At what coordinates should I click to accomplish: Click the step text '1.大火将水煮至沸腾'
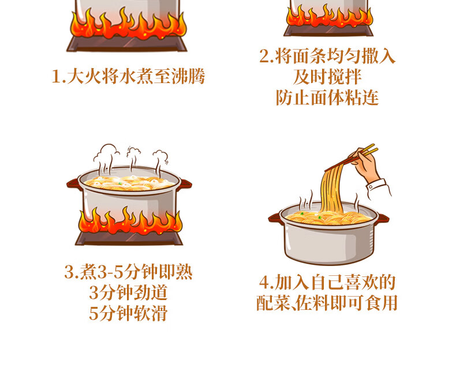point(128,77)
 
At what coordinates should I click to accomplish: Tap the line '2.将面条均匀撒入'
point(327,57)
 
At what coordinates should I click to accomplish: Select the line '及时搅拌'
point(327,77)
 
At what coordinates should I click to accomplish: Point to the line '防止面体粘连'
point(327,97)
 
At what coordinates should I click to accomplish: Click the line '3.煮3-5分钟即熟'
point(128,272)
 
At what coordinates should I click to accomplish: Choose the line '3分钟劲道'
point(128,292)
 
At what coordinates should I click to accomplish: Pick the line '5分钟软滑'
point(128,313)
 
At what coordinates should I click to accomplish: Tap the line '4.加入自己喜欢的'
point(327,282)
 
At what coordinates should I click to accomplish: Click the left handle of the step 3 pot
point(73,184)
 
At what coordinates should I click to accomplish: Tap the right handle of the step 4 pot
point(382,218)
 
